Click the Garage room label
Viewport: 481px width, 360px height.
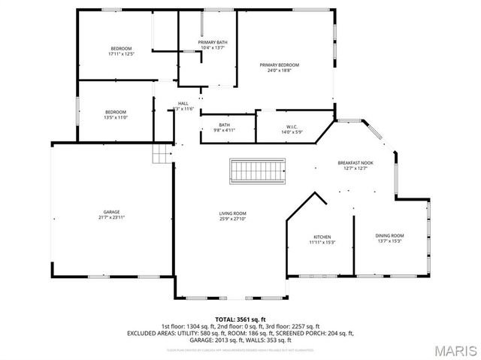111,213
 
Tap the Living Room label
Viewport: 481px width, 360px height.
232,213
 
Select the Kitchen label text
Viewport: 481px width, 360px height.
322,237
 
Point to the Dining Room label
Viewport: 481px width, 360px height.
389,236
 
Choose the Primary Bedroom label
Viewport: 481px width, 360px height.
274,65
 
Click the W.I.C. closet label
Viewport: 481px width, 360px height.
292,127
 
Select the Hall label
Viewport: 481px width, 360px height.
183,104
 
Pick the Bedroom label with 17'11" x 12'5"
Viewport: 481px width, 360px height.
120,49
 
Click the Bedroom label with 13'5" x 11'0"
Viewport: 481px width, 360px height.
115,112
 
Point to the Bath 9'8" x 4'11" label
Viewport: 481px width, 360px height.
224,125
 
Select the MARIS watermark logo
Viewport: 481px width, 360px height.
454,350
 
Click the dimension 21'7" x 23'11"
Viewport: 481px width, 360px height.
111,217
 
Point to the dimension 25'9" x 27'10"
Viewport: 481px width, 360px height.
232,218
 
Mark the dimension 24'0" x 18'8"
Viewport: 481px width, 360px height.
274,71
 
